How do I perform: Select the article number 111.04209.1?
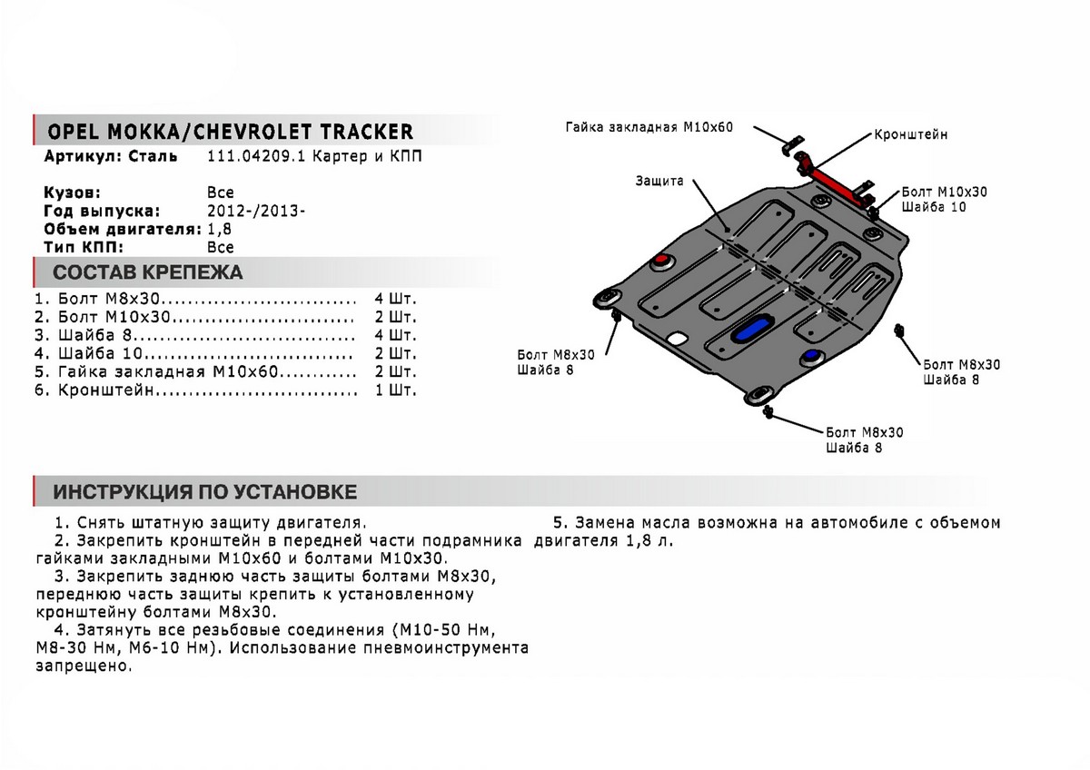pyautogui.click(x=252, y=156)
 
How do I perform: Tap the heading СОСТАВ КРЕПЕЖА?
pyautogui.click(x=147, y=272)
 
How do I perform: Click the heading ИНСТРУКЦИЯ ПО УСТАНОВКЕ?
pyautogui.click(x=204, y=492)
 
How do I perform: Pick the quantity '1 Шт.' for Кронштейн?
pyautogui.click(x=395, y=391)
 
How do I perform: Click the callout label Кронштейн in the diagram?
pyautogui.click(x=911, y=133)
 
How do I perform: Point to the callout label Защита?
pyautogui.click(x=659, y=181)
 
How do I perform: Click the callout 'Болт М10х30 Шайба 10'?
pyautogui.click(x=944, y=200)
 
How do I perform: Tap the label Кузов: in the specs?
pyautogui.click(x=72, y=192)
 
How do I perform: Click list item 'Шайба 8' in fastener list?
pyautogui.click(x=89, y=335)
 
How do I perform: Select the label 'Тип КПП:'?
pyautogui.click(x=82, y=247)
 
